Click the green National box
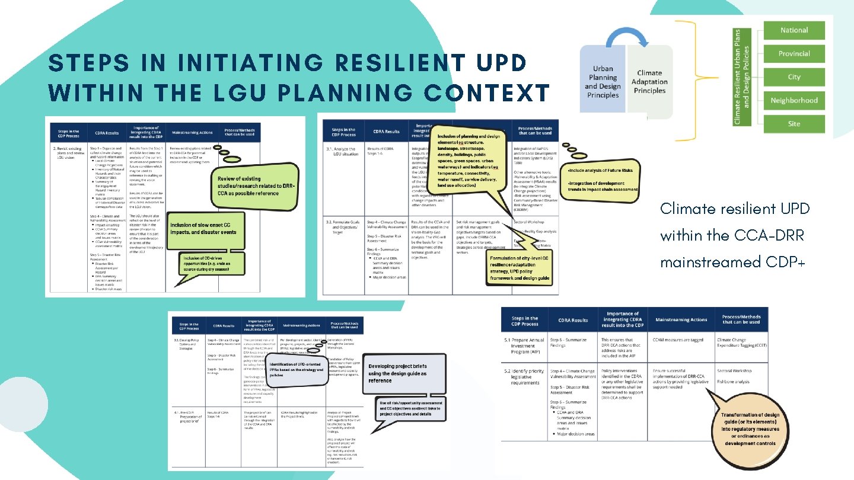(794, 30)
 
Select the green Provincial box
(794, 53)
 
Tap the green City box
(794, 77)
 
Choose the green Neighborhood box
(794, 100)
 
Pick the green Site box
(794, 124)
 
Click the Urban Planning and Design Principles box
(603, 82)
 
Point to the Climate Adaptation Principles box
(649, 82)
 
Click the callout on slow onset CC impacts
(203, 229)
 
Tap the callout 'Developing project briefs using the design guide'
(403, 374)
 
